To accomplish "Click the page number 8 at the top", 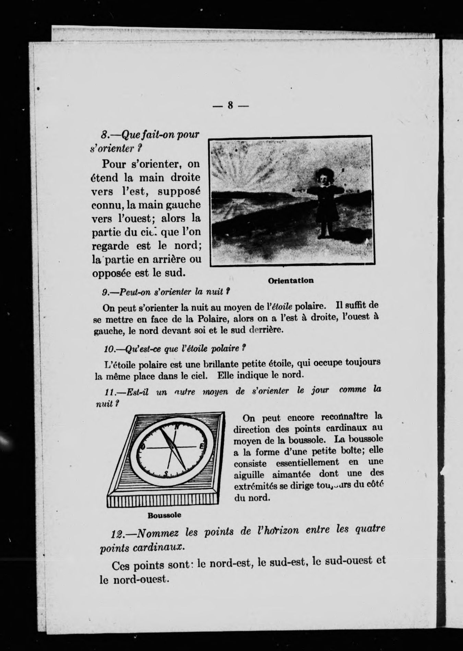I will pyautogui.click(x=230, y=105).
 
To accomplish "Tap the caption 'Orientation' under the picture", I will pyautogui.click(x=291, y=280).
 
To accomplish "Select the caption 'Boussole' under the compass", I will pyautogui.click(x=164, y=515).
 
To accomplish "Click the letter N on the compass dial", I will pyautogui.click(x=177, y=426).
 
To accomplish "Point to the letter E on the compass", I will pyautogui.click(x=201, y=446).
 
